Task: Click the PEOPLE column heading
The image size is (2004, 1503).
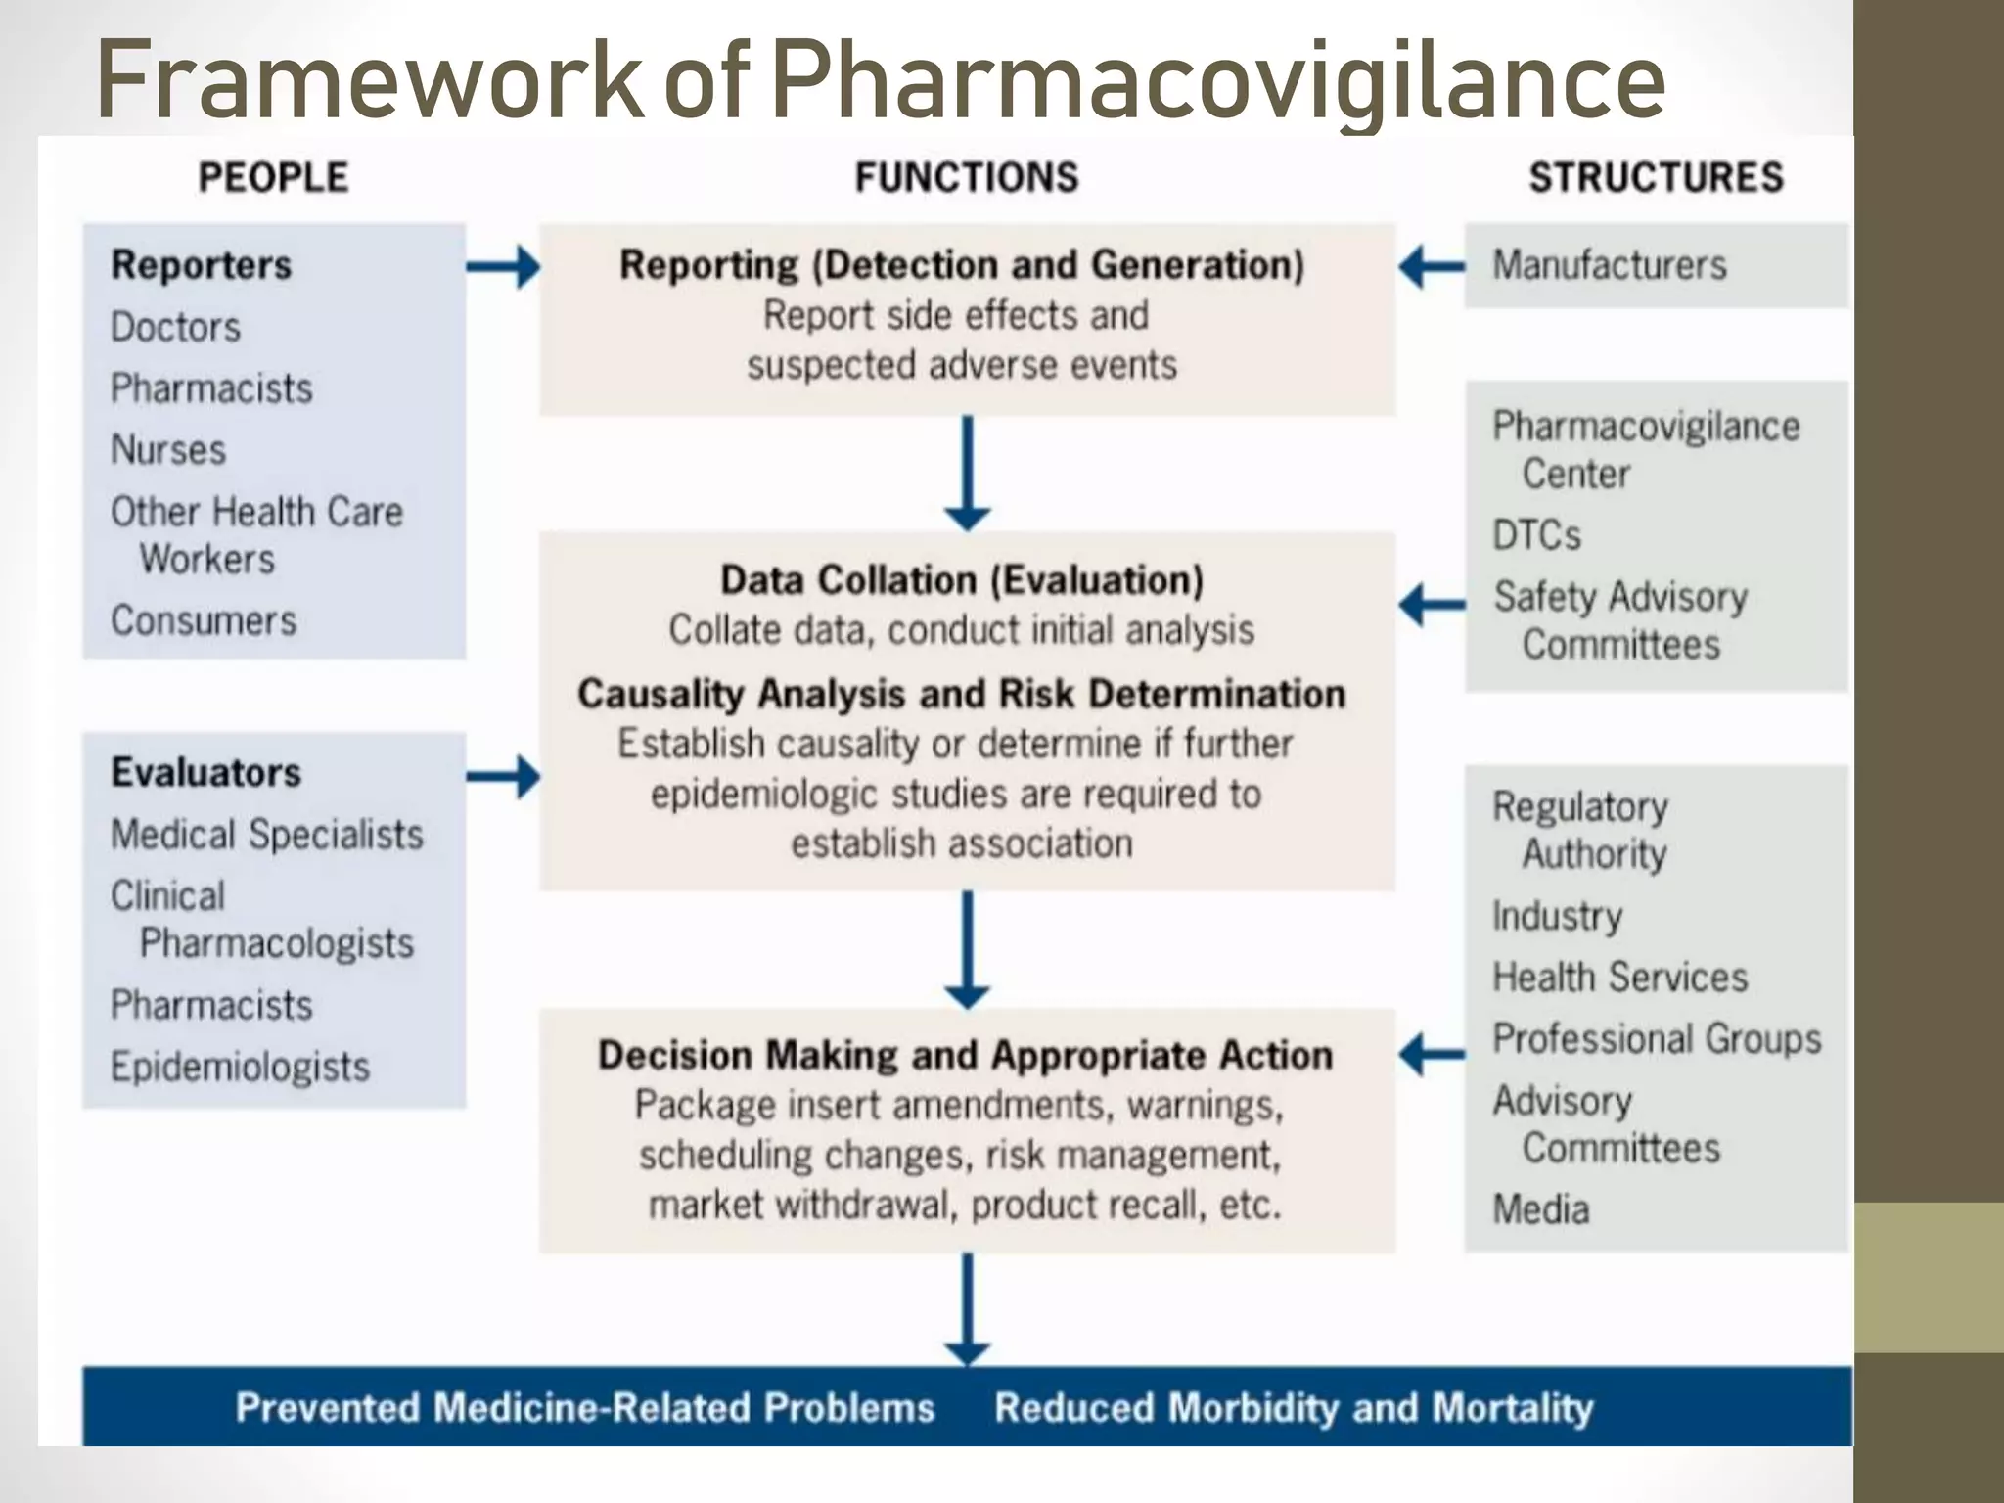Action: [x=273, y=178]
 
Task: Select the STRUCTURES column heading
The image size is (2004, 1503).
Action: [x=1656, y=178]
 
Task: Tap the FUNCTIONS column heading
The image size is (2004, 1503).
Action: [x=967, y=178]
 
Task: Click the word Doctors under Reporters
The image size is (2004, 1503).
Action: [x=175, y=327]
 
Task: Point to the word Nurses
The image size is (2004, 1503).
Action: [x=168, y=450]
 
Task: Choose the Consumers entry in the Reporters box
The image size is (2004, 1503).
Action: [x=204, y=620]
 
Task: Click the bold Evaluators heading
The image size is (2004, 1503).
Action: [x=205, y=772]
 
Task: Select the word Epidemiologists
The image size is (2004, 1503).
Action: [x=240, y=1067]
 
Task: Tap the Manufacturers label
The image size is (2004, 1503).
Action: [x=1609, y=265]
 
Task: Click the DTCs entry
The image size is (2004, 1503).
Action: [x=1536, y=535]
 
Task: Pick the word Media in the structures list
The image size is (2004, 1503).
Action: [x=1540, y=1209]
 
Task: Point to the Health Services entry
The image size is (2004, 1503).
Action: [x=1619, y=977]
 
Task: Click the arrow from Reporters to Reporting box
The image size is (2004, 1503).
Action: [x=503, y=266]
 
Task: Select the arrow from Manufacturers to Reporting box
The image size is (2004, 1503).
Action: [x=1431, y=266]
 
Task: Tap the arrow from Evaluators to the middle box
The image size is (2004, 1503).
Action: [x=503, y=777]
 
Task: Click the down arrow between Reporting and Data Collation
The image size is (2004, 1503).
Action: [x=967, y=473]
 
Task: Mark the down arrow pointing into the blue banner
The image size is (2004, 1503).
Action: [x=967, y=1309]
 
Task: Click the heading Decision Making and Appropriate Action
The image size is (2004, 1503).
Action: [x=965, y=1055]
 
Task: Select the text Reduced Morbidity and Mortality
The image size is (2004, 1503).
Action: [x=1293, y=1407]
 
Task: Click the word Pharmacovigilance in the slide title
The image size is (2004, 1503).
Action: [x=1217, y=80]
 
